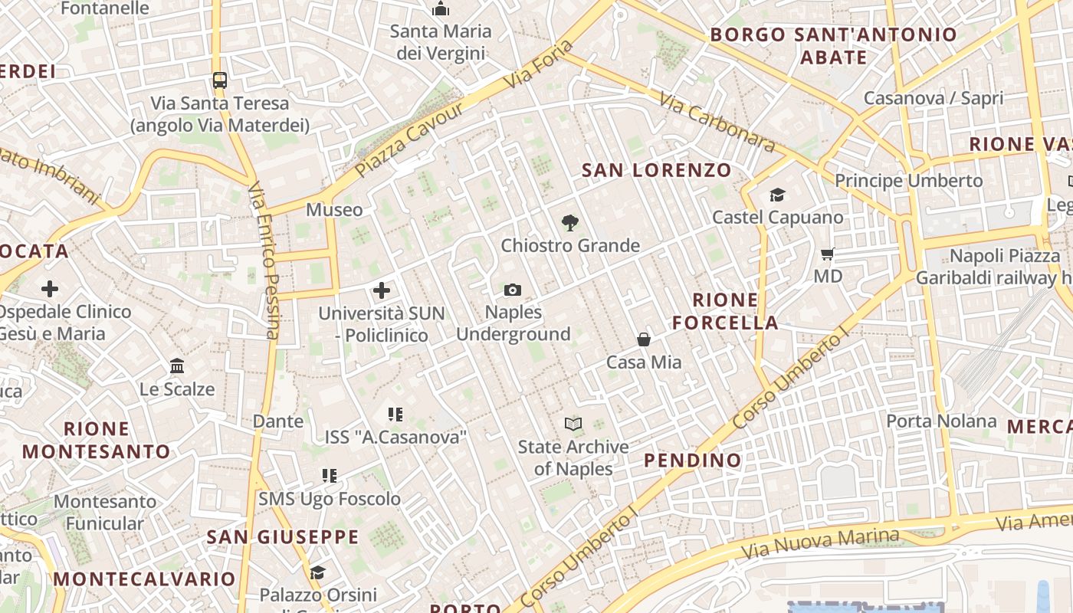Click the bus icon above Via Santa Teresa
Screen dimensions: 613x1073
tap(220, 80)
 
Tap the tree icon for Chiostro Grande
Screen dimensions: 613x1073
tap(569, 223)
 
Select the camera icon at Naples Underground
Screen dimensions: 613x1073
tap(513, 290)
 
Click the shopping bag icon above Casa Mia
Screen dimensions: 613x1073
tap(644, 339)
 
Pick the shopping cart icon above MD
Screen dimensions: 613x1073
tap(827, 254)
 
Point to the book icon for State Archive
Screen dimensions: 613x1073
tap(573, 424)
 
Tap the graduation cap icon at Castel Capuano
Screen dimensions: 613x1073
tap(777, 195)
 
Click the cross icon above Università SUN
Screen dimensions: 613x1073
tap(381, 290)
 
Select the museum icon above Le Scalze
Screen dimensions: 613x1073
tap(177, 366)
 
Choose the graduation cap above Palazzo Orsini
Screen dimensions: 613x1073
tap(317, 572)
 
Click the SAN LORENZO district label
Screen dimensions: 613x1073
tap(657, 170)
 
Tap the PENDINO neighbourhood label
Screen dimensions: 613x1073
tap(693, 460)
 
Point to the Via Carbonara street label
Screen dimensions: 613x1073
tap(717, 123)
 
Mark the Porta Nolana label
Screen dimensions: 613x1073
tap(941, 421)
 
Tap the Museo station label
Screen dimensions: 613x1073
tap(334, 209)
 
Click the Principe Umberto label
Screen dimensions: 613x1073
tap(908, 181)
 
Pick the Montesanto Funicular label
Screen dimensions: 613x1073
tap(104, 513)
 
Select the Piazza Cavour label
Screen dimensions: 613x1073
tap(410, 139)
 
